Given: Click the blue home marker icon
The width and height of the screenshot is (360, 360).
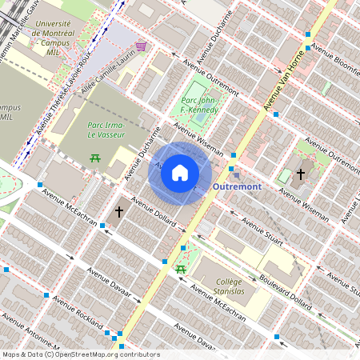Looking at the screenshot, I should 180,172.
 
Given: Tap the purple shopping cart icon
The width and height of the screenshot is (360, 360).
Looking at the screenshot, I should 141,46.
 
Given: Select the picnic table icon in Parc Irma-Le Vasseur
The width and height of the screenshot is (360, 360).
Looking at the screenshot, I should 95,157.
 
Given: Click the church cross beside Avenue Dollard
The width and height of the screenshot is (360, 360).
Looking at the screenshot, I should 119,212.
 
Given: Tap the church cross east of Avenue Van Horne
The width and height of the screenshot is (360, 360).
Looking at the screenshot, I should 301,174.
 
